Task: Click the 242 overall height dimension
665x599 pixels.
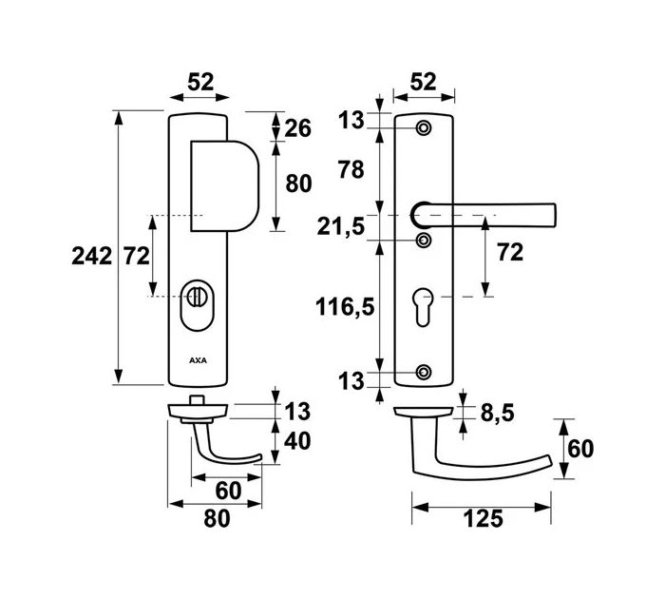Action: click(x=91, y=255)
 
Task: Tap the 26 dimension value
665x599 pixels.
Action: click(x=297, y=127)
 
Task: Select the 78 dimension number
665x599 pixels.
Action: click(x=351, y=170)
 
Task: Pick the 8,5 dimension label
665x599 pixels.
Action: click(x=491, y=413)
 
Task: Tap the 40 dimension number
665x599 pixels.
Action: click(x=297, y=443)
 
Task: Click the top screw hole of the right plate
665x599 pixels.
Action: click(x=424, y=127)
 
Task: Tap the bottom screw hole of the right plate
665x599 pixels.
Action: click(x=424, y=370)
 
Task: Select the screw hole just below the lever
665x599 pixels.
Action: click(x=424, y=240)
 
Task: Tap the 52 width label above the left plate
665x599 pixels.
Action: click(x=200, y=83)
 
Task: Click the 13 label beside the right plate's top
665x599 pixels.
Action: click(x=351, y=120)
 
